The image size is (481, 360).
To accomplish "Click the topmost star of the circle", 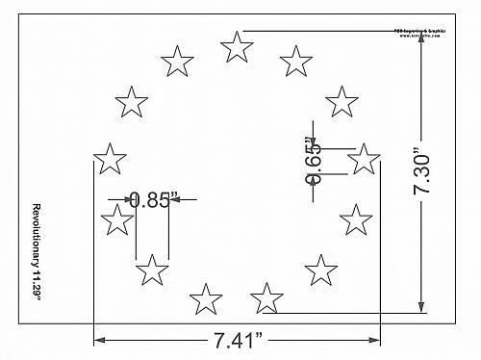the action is click(236, 45).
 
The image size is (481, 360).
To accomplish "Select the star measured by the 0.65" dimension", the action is click(363, 158).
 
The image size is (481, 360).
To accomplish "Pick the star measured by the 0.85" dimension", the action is click(151, 270).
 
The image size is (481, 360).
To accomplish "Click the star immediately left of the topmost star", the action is click(176, 62).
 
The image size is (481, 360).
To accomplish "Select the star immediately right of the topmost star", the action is click(295, 62).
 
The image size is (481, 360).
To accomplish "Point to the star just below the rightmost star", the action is click(356, 219).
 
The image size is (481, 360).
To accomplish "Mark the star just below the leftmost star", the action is click(116, 220).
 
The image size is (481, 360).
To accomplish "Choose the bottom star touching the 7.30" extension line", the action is click(266, 297).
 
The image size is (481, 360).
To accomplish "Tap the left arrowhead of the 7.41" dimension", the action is click(97, 339).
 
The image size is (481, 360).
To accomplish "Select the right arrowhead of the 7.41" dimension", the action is click(377, 339).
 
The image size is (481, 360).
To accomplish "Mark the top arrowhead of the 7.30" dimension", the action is click(421, 36).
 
